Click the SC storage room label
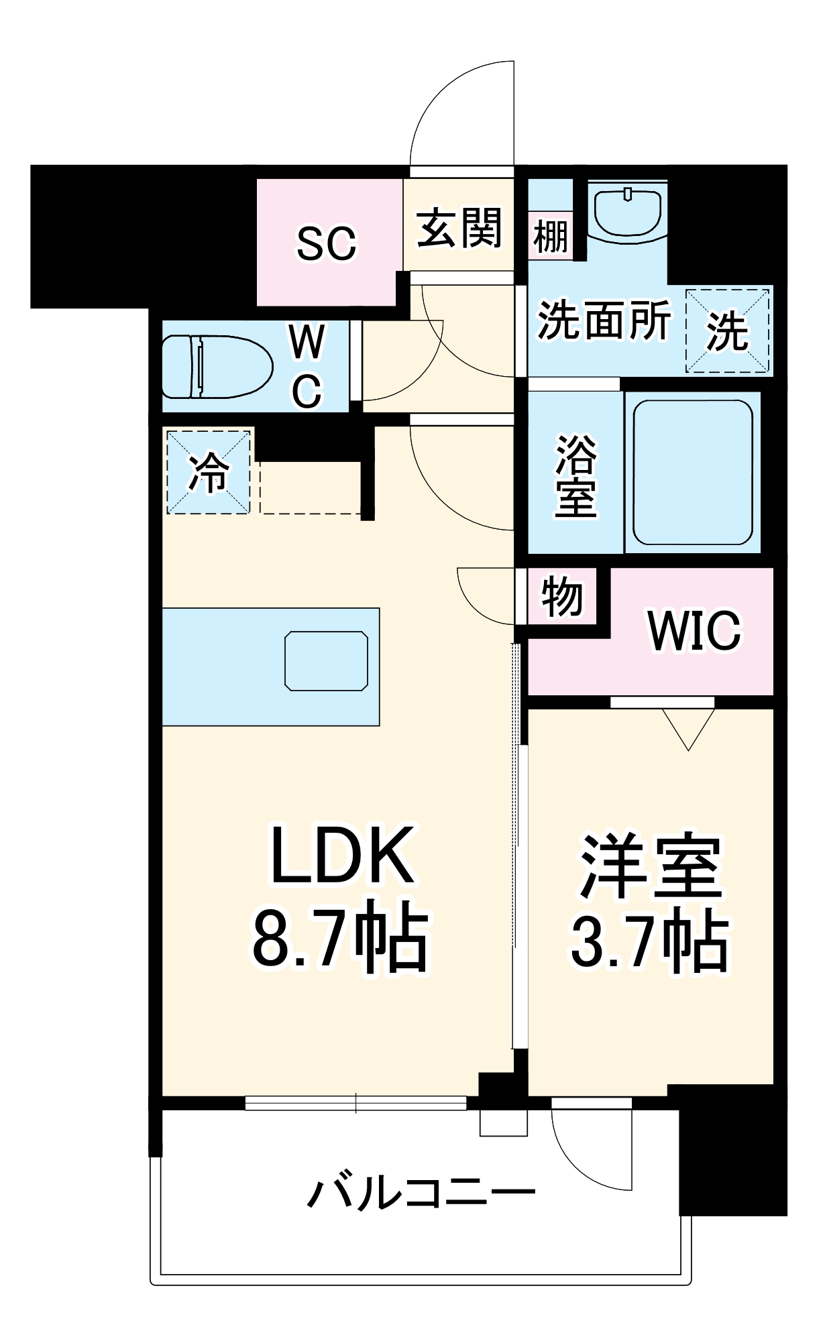(326, 243)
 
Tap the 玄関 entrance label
(459, 229)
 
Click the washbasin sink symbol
(628, 213)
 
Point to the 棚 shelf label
(551, 236)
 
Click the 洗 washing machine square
(727, 331)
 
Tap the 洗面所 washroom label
(604, 320)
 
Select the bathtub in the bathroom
(693, 473)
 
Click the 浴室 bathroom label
(575, 476)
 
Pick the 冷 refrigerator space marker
(209, 472)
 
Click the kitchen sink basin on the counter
(326, 660)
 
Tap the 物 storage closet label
(561, 596)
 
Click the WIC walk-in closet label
(694, 630)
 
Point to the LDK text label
(341, 856)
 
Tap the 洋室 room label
(651, 866)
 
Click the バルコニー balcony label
(421, 1192)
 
